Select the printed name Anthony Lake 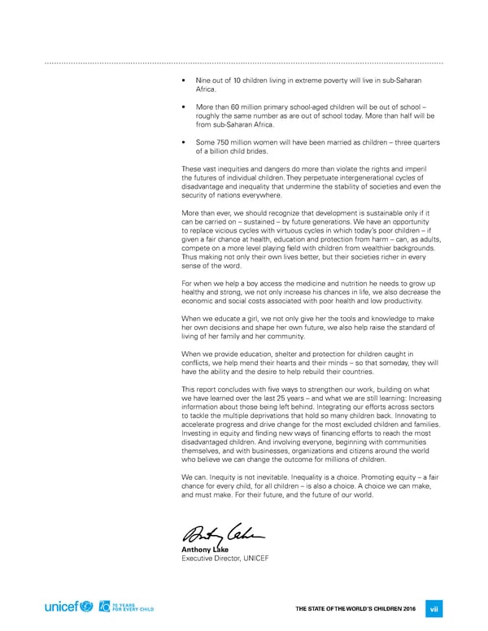(205, 550)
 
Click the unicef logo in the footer (69, 607)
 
